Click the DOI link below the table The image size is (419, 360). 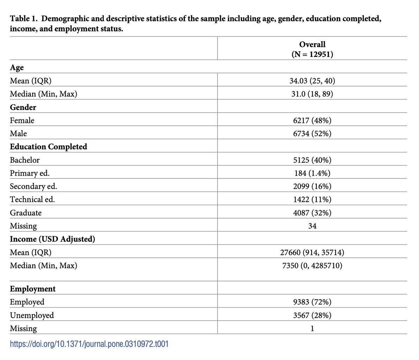89,344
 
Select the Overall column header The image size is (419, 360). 312,49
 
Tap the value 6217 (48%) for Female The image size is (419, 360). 312,120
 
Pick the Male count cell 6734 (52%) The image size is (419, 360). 312,134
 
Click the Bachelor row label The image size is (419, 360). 25,160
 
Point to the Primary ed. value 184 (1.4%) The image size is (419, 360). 312,173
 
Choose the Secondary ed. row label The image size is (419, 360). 34,186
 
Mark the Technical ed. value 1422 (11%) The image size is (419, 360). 312,200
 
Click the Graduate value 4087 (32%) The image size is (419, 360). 312,213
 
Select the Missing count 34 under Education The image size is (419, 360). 312,226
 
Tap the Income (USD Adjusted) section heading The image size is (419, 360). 52,239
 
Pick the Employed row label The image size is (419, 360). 27,302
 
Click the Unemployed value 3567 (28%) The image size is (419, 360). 312,315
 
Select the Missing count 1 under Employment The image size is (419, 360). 312,329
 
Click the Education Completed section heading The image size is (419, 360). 49,147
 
